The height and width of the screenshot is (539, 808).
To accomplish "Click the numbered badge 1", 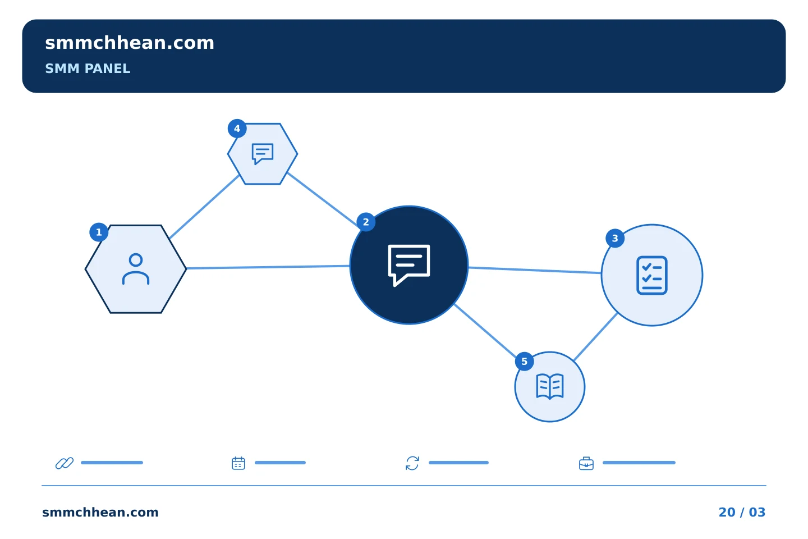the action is pos(99,232).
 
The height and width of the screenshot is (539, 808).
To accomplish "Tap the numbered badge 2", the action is pos(366,222).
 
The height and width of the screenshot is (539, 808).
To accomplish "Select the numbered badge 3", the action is pos(615,238).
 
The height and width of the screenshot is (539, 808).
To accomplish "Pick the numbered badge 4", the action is pos(237,129).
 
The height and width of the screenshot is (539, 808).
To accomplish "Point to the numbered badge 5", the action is pos(525,362).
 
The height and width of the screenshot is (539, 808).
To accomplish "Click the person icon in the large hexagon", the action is pos(136,269).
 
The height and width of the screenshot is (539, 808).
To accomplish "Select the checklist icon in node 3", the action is pos(652,276).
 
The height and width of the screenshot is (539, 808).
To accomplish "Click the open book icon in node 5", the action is pos(550,387).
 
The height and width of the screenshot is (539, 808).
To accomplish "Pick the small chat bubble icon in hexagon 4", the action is pos(262,154).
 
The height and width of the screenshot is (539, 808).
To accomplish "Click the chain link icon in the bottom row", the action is pos(65,463).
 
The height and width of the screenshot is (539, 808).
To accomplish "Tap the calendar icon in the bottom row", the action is pos(238,463).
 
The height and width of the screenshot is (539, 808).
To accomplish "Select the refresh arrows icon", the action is pos(412,463).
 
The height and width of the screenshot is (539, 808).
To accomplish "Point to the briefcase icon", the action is pos(586,464).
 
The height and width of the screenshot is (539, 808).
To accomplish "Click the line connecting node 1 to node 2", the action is pos(268,267).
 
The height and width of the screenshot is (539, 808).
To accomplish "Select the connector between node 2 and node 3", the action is pos(535,270).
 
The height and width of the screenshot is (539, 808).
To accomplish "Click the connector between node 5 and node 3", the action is pos(595,337).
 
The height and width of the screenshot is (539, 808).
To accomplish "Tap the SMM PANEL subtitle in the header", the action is pos(88,68).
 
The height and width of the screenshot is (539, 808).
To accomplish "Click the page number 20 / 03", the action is pos(742,512).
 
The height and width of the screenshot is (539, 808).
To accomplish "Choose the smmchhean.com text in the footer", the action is pos(100,512).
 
